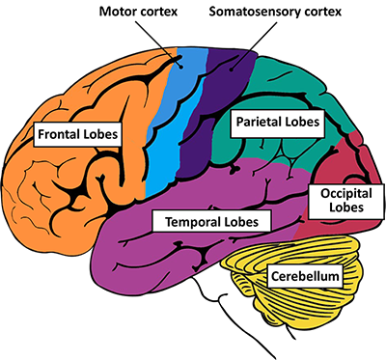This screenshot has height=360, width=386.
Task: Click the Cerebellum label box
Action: [x=304, y=278]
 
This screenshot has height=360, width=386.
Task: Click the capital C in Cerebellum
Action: [x=273, y=278]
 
